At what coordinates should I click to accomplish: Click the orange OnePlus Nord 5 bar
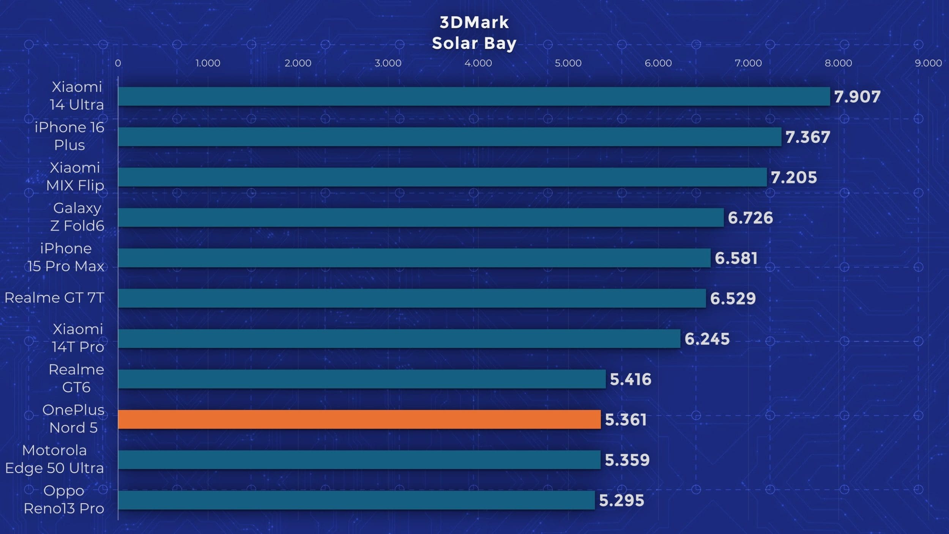pos(359,419)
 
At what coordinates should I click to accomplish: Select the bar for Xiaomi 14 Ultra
pos(474,96)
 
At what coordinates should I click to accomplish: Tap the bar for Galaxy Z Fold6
pos(421,217)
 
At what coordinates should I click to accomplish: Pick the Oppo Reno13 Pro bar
pos(356,500)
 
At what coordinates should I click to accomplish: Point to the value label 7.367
pos(807,137)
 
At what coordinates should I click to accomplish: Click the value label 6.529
pos(733,299)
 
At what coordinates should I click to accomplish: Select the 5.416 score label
pos(630,379)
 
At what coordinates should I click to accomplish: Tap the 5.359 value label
pos(627,460)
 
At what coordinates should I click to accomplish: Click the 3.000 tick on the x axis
pos(388,63)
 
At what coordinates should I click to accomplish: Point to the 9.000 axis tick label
pos(928,63)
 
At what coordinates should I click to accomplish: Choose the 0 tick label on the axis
pos(118,63)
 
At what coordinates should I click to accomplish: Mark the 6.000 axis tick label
pos(658,63)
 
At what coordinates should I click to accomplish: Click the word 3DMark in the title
pos(474,22)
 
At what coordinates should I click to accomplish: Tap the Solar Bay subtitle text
pos(474,43)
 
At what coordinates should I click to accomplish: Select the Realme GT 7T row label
pos(54,298)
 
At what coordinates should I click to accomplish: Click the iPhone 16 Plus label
pos(69,136)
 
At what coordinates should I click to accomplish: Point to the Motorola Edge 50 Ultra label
pos(54,459)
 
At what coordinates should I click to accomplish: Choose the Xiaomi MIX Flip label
pos(75,177)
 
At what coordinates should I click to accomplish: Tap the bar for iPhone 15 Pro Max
pos(414,258)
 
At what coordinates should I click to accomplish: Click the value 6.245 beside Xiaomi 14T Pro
pos(707,339)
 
